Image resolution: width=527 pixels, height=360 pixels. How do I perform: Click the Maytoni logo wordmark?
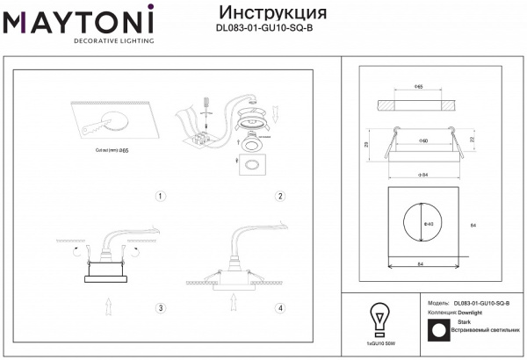click(x=78, y=20)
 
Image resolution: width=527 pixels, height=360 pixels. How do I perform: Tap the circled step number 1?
click(x=160, y=196)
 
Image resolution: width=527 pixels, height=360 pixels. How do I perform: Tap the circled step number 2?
click(x=280, y=196)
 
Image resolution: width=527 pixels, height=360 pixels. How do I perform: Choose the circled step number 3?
click(x=160, y=308)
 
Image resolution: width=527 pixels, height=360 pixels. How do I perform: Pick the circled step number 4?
click(x=280, y=308)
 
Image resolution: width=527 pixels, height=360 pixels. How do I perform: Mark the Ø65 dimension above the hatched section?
click(x=420, y=88)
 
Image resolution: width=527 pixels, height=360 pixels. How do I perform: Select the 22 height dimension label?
click(x=473, y=140)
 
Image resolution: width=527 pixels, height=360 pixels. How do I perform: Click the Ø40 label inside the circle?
click(x=429, y=223)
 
